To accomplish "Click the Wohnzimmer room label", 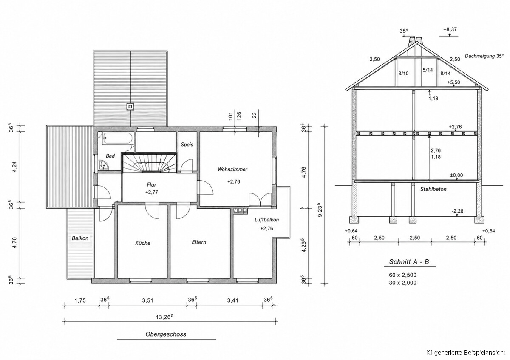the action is click(x=232, y=170).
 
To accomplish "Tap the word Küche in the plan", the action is click(x=143, y=243).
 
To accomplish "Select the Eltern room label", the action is click(x=199, y=242).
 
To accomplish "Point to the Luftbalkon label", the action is click(x=266, y=220).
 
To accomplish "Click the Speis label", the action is click(x=187, y=145).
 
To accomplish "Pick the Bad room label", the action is click(x=110, y=156).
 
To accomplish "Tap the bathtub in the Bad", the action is click(x=117, y=138).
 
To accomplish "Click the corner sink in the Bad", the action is click(x=104, y=164).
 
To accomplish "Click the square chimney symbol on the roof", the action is click(x=130, y=106).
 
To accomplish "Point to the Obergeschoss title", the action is click(x=166, y=334).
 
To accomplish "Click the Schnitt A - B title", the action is click(x=409, y=262).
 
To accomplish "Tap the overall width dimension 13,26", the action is click(x=164, y=317).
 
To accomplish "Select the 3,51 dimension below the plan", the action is click(x=147, y=300).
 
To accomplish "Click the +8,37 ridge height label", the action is click(x=450, y=29).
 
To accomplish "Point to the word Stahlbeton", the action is click(x=433, y=189).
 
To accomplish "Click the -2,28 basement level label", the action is click(x=458, y=211).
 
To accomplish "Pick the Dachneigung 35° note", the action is click(x=484, y=56).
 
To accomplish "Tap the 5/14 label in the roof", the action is click(x=428, y=70).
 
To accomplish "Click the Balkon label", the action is click(x=80, y=238).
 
